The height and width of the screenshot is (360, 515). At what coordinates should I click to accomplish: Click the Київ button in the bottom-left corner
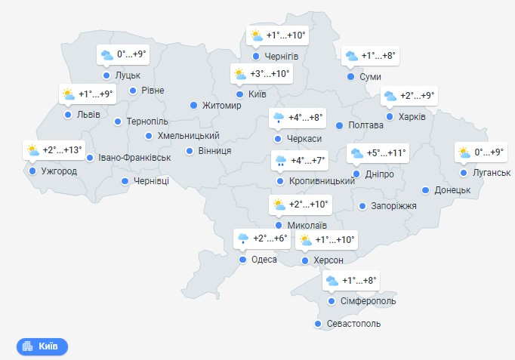[x=42, y=346]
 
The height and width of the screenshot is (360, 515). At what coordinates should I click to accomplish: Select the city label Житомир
[x=221, y=106]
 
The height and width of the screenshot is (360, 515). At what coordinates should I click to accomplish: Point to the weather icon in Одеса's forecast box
[x=243, y=238]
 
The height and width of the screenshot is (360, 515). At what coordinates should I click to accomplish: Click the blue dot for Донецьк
[x=426, y=190]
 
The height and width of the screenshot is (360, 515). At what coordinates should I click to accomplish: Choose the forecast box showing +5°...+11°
[x=378, y=153]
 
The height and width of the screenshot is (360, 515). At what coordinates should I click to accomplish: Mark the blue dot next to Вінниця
[x=190, y=150]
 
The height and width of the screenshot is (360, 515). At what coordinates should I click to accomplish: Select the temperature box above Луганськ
[x=481, y=152]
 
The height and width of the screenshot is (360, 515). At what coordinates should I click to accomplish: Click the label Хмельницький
[x=188, y=136]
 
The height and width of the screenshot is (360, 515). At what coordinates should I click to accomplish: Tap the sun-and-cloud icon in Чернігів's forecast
[x=256, y=35]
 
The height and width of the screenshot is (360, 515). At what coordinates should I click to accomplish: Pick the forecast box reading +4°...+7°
[x=300, y=161]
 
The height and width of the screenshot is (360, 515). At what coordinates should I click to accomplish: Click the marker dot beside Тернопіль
[x=118, y=122]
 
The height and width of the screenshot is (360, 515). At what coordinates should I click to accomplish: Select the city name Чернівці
[x=151, y=181]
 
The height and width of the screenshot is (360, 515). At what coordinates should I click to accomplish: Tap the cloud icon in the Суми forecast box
[x=351, y=56]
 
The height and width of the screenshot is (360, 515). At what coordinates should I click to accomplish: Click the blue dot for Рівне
[x=133, y=91]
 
